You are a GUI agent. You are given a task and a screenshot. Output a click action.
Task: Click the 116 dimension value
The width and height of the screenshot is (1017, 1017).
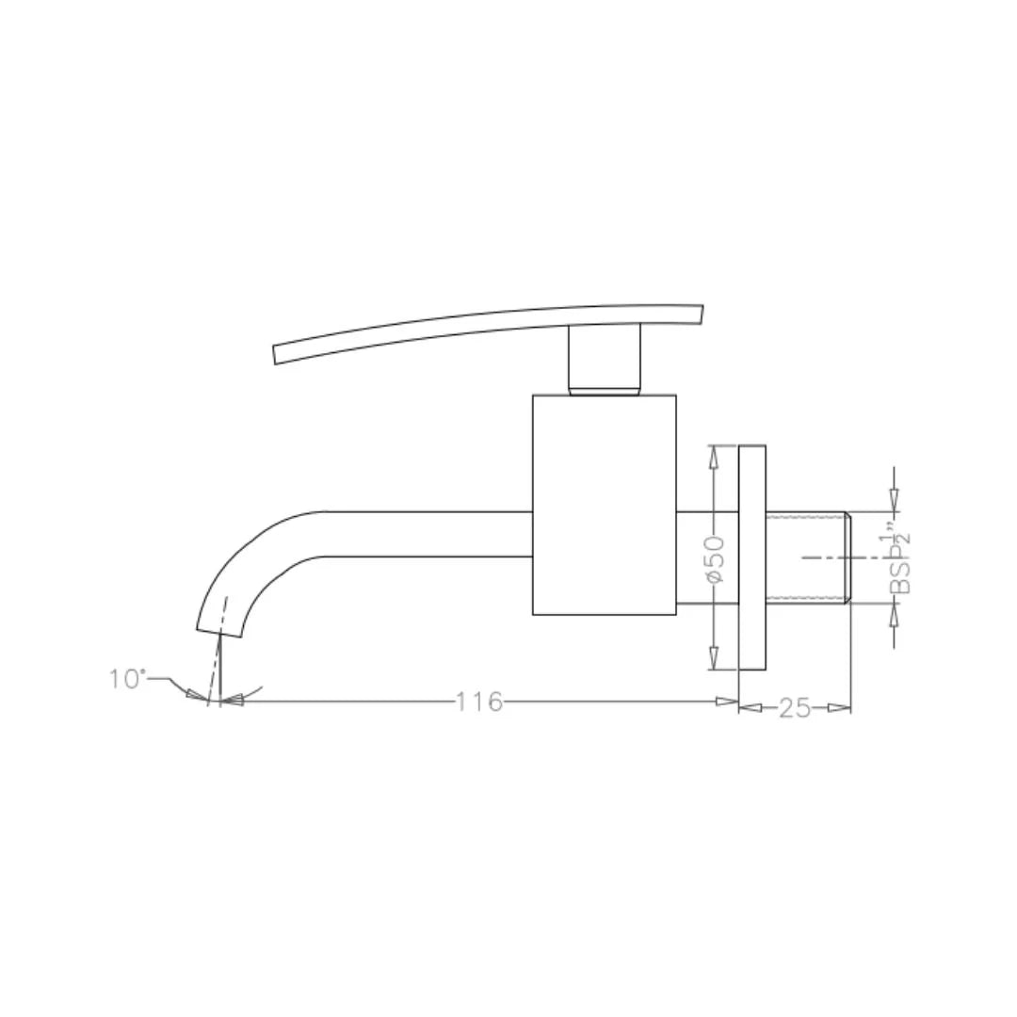[479, 702]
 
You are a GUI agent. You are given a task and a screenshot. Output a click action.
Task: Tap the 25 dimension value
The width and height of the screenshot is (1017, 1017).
[794, 708]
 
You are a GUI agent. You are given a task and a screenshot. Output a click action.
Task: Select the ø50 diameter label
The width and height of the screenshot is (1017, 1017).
[715, 557]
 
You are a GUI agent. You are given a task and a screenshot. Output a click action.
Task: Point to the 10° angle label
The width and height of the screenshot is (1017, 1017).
[127, 678]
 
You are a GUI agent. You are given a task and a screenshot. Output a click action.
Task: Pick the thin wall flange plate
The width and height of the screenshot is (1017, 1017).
[751, 557]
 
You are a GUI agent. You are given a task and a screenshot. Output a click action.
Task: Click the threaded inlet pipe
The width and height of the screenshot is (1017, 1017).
[808, 557]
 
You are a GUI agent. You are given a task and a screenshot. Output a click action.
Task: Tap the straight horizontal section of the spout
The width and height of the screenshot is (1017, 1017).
[424, 534]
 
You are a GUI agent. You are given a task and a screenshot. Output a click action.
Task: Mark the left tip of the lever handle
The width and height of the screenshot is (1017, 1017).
[276, 354]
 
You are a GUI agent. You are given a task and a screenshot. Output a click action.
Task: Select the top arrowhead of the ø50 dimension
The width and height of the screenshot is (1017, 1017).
[714, 455]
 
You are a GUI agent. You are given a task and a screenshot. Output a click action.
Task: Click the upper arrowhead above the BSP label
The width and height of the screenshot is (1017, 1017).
[894, 500]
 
